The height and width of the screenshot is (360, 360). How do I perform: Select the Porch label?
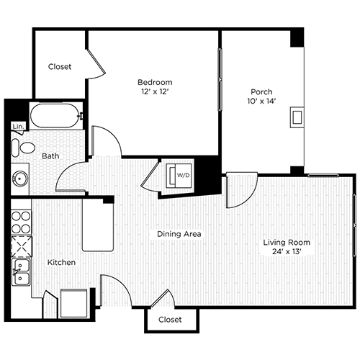coord(261,91)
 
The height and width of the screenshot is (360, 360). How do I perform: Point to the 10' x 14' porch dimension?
coord(261,102)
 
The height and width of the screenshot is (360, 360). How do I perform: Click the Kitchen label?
coord(63,263)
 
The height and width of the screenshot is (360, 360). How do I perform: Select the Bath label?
coord(50,155)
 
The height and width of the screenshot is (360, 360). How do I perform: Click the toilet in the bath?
coord(25,148)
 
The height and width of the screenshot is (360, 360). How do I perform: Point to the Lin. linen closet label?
coord(18,127)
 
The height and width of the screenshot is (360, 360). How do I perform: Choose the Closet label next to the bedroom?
coord(60,67)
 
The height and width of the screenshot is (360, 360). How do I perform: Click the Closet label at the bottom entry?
coord(170,319)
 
